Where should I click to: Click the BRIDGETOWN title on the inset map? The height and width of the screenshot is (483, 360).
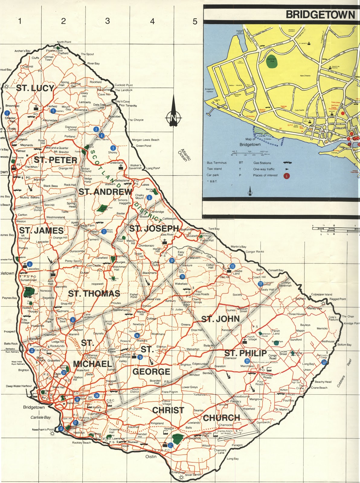coord(320,14)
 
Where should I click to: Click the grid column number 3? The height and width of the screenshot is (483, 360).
coord(108,21)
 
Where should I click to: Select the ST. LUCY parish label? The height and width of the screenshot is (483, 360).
coord(35,88)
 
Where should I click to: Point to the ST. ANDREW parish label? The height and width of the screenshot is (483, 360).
coord(105,192)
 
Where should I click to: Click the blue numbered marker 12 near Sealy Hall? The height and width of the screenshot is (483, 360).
coord(260,284)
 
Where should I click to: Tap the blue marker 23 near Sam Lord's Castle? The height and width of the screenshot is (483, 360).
coord(324,362)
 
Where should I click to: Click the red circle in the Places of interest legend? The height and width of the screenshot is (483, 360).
coord(286,176)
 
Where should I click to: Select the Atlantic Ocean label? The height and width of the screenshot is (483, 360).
coord(184,155)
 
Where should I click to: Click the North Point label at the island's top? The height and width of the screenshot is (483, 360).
coord(64,42)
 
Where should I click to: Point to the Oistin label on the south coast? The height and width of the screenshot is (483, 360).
coord(151,456)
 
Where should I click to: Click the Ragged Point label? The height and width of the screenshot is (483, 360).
coord(338,299)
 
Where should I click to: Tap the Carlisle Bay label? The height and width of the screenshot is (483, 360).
coord(40,417)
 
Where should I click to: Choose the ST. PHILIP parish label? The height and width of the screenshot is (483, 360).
coord(245,353)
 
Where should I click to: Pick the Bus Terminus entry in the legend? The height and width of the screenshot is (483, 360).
coord(216,163)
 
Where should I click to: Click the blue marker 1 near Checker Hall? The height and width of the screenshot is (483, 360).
coord(7,113)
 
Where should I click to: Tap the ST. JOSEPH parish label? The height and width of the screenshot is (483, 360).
coord(154,229)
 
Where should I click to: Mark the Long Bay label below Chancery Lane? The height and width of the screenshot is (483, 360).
coord(233,459)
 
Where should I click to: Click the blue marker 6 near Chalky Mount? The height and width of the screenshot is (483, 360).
coord(149,198)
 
